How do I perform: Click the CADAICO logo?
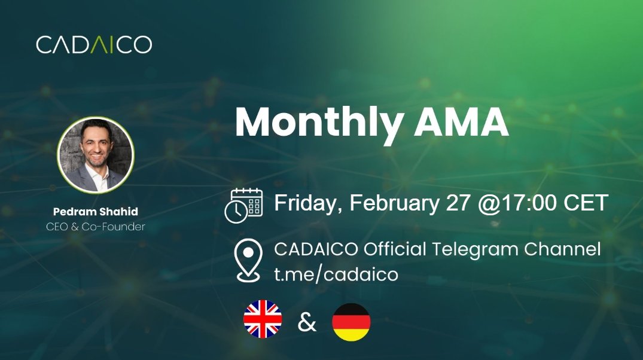coord(94,45)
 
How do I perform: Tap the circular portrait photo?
coord(95,155)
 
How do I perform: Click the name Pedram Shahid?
coord(95,212)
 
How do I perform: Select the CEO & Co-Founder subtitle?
coord(95,227)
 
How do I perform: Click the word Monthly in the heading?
coord(318,123)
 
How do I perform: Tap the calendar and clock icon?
coord(243,205)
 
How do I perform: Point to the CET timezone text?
coord(584,203)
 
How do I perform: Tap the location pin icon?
coord(248,260)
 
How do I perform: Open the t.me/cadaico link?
coord(336,274)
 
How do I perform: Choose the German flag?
coord(351,322)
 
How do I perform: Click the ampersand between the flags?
coord(307,322)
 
